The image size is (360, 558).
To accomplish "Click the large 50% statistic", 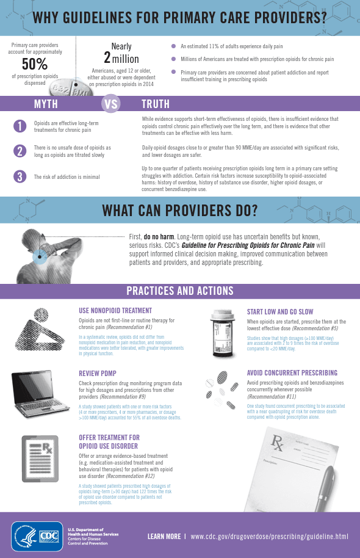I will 35,63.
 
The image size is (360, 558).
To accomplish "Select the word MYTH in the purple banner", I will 46,104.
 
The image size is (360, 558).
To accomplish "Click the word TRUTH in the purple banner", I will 156,104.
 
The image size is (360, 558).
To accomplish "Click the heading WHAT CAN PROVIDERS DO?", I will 179,211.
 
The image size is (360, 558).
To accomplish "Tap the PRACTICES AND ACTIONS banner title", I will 179,291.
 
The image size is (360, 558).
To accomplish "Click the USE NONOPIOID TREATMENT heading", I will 115,311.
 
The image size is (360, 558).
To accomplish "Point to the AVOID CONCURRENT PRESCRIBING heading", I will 292,373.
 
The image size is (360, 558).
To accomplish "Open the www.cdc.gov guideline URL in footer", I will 269,537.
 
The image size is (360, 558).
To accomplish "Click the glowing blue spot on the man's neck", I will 41,256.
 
